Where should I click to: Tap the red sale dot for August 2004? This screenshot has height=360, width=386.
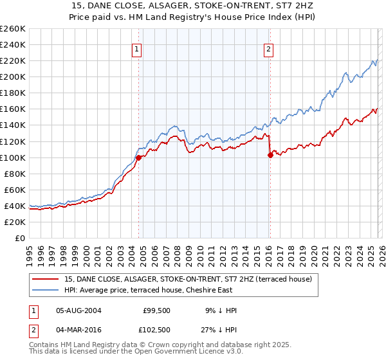[x=138, y=157]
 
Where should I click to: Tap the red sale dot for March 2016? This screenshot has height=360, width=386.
[x=270, y=155]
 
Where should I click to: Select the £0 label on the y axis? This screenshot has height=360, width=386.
[x=21, y=238]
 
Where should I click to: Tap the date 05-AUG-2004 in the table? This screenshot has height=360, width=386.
[x=78, y=310]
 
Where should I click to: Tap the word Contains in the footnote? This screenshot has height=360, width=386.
[x=44, y=345]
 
